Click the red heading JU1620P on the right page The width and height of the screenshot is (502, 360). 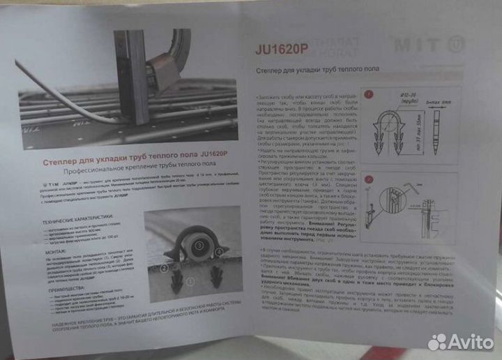click(x=282, y=50)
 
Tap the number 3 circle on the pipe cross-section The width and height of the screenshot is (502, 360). click(x=199, y=245)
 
